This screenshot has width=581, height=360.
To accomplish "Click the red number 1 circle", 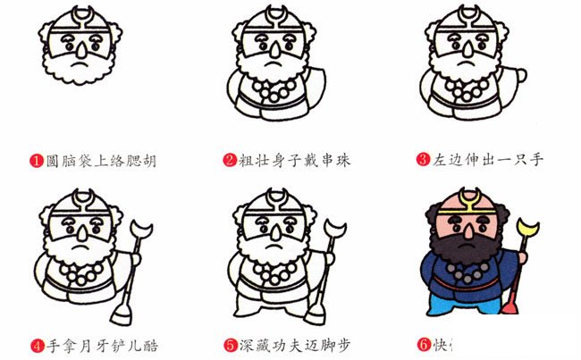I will pos(37,162).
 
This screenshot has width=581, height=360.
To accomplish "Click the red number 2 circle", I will pos(230,162).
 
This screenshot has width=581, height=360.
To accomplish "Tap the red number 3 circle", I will pos(424,161).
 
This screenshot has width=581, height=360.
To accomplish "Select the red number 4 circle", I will pos(37,345).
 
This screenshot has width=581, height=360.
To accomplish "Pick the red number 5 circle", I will pos(230,345).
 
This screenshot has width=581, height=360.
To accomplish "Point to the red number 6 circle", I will pos(424,345).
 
